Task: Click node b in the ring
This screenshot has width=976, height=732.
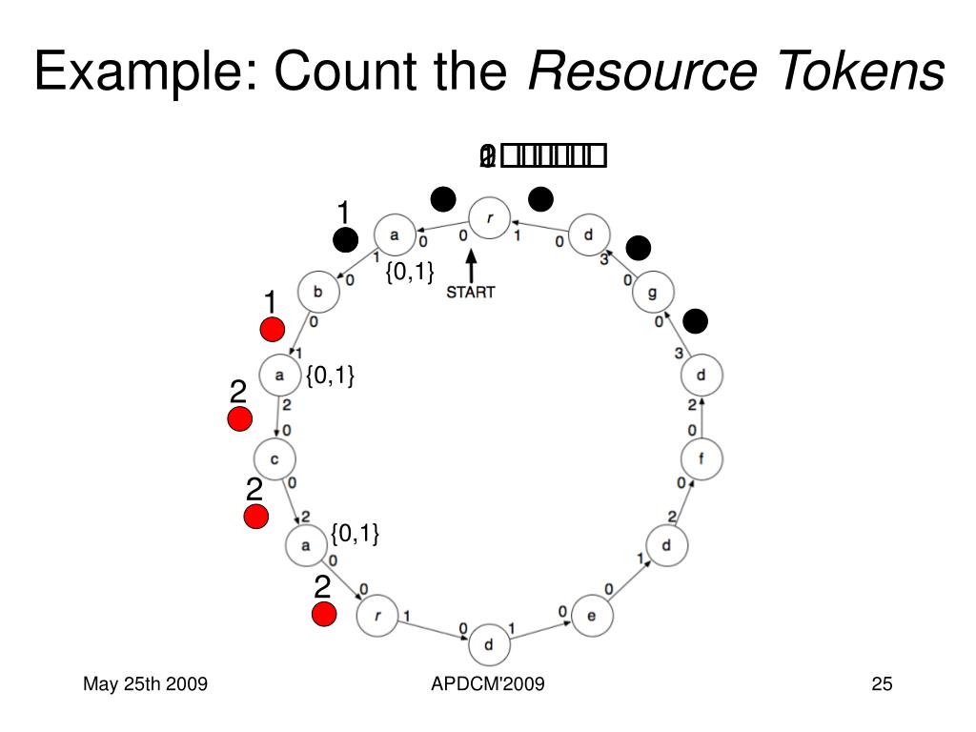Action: click(x=318, y=293)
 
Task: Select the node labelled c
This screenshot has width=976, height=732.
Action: click(x=274, y=461)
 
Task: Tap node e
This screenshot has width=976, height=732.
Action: click(x=591, y=616)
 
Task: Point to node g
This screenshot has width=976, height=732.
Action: click(x=653, y=293)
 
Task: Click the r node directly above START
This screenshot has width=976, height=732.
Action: click(x=490, y=218)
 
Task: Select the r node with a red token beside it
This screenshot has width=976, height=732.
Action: click(x=377, y=615)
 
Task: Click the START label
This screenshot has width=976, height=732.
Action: click(x=471, y=292)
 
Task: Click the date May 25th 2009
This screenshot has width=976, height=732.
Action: click(x=145, y=683)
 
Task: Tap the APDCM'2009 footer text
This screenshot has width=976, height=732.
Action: click(x=487, y=683)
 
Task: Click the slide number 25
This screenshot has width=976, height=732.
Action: click(x=881, y=683)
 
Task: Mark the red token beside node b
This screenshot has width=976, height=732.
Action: click(x=273, y=330)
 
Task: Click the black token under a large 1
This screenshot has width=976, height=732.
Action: click(x=345, y=241)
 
